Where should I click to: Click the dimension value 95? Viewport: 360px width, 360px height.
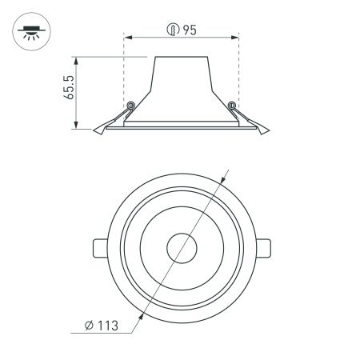[190, 31]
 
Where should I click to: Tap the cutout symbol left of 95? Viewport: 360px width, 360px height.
[173, 31]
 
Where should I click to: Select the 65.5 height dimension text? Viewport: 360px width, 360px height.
[70, 86]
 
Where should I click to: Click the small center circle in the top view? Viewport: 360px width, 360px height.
[182, 249]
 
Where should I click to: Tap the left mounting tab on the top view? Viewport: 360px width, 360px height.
[98, 248]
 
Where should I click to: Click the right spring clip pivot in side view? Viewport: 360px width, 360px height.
[233, 105]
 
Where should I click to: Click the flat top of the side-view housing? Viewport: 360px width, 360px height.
[182, 57]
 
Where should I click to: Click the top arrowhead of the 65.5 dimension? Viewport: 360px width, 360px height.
[77, 59]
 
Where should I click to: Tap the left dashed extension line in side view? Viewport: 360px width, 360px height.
[124, 80]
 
